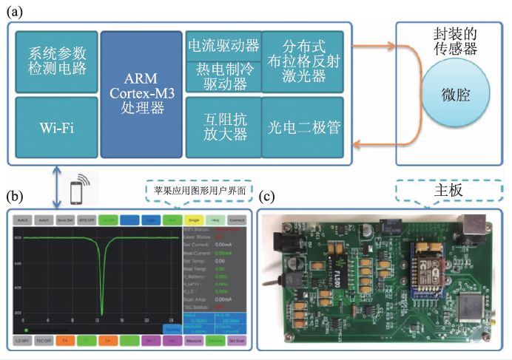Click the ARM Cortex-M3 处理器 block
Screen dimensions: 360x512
141,94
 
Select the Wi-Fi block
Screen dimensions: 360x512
56,127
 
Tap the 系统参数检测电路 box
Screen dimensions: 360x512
56,64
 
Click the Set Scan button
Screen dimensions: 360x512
238,342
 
